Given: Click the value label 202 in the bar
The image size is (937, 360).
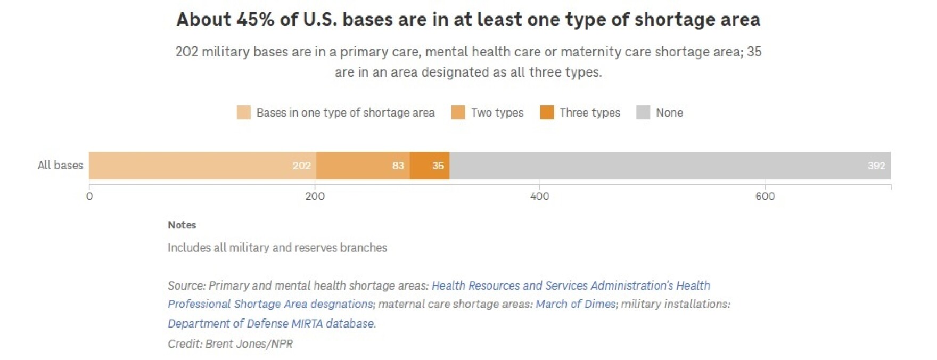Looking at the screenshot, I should (301, 166).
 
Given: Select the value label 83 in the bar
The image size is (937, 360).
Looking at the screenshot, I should (398, 166).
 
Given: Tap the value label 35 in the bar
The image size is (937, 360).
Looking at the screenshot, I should (438, 166).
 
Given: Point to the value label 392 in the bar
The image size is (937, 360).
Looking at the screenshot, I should (876, 166).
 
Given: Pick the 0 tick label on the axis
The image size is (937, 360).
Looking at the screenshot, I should (89, 197).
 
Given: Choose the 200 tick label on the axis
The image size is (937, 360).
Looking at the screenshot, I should (315, 197).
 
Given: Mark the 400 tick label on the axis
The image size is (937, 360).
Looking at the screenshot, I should (539, 197).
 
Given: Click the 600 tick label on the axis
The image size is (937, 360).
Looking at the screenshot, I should (765, 197).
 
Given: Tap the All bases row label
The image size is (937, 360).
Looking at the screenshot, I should (60, 166).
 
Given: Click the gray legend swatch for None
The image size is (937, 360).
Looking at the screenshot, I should (643, 112).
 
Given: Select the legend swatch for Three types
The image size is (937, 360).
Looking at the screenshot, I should (547, 112).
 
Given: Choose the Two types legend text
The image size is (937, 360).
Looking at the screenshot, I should (497, 112).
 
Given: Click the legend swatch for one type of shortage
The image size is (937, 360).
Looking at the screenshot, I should (243, 112).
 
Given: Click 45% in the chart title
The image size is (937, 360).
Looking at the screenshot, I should (256, 20).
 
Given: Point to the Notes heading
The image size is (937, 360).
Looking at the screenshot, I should (182, 225).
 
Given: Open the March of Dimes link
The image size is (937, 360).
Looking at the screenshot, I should (576, 304).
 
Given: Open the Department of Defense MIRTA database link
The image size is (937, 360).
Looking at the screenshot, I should (272, 323).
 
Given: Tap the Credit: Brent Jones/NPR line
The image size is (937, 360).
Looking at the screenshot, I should (231, 344).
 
